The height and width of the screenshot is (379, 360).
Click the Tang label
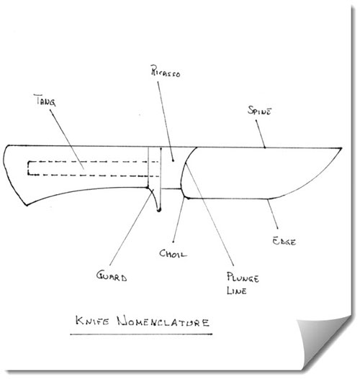coord(45,101)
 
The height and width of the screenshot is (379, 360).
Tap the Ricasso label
coord(166,71)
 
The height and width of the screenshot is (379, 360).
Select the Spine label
coord(260,111)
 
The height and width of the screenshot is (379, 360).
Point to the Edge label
coord(284,241)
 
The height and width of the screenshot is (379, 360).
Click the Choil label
coord(173,254)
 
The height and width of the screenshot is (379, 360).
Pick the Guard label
coord(112,275)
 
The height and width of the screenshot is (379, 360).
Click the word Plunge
coord(243,278)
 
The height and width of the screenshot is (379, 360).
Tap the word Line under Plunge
coord(237,291)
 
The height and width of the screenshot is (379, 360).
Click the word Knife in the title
coord(92,321)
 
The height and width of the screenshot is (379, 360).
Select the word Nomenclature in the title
coord(163,321)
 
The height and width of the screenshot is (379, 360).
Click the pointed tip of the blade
coord(341,148)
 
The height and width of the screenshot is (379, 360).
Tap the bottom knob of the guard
coord(159,210)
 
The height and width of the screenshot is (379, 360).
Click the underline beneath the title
coord(141,334)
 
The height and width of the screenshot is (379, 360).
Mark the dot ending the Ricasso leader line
coord(173,160)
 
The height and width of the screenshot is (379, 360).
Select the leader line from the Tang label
coord(67,140)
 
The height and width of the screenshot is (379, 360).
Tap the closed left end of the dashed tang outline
coord(28,168)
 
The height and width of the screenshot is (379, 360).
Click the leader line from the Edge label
coord(272,214)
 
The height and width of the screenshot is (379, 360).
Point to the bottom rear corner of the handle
coord(27,205)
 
